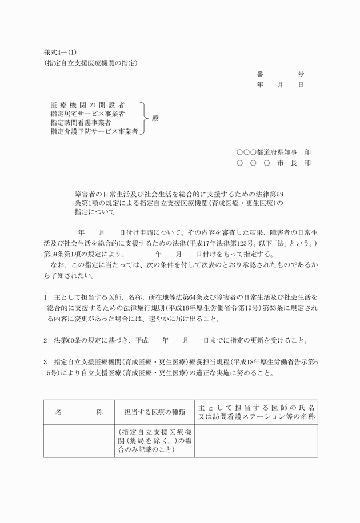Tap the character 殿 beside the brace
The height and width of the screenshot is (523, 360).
pos(155,119)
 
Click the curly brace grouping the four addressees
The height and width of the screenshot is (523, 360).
pos(144,119)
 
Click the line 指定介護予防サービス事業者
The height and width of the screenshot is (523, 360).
pos(94,131)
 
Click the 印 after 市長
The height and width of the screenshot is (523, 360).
pos(307,163)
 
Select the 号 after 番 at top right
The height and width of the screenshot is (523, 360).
pos(301,74)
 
